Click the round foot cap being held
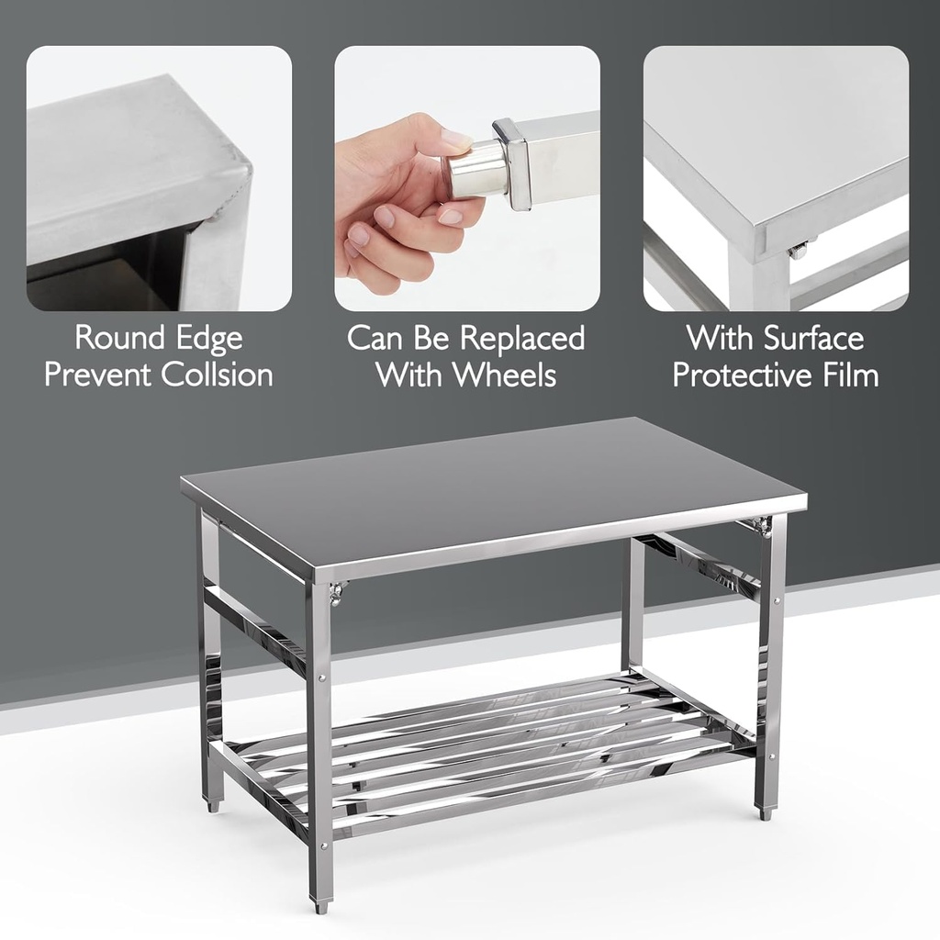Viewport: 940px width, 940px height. (475, 170)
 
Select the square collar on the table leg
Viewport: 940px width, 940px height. (513, 163)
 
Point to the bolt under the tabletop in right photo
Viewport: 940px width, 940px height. (799, 249)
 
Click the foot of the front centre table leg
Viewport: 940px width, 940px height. (320, 904)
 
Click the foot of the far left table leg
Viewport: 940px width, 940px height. (213, 804)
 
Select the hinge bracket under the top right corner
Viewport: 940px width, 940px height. (758, 524)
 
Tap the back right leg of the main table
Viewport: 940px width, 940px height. (632, 606)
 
